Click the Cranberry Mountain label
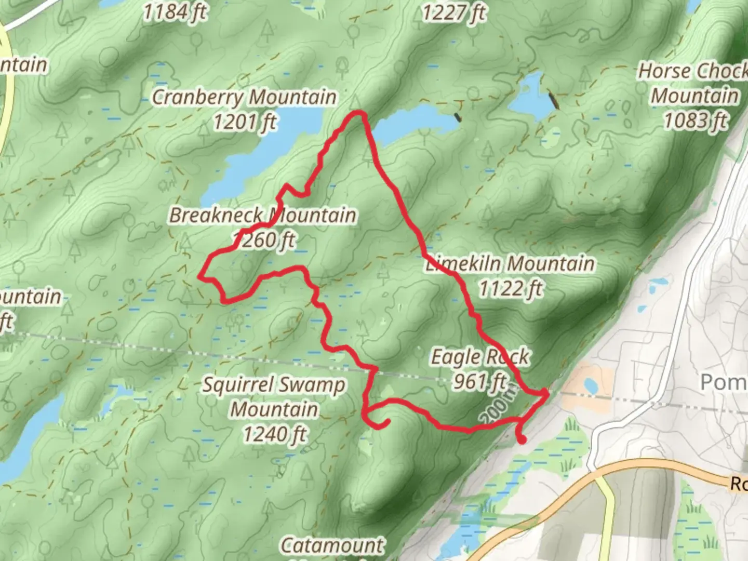tap(244, 97)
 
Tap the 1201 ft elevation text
tap(245, 123)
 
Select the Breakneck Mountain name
tap(263, 215)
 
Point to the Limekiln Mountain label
tap(510, 263)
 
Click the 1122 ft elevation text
tap(510, 288)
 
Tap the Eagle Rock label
tap(480, 357)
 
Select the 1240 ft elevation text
tap(275, 434)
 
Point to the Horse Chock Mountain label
tap(694, 83)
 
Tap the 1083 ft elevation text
tap(696, 121)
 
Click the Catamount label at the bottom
tap(332, 545)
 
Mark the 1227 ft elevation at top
tap(453, 12)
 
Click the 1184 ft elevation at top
tap(175, 11)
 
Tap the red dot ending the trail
tap(522, 440)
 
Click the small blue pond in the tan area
tap(590, 386)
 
